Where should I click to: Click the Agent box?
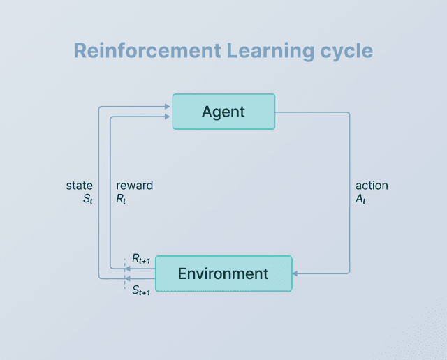point(223,112)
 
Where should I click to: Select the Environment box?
point(223,273)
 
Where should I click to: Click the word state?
point(79,186)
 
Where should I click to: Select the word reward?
point(134,186)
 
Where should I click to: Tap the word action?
point(372,186)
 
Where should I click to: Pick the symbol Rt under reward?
point(121,199)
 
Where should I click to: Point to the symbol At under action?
point(361,199)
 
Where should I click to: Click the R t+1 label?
point(140,259)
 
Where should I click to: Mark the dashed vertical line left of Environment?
point(124,273)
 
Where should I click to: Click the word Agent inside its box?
point(223,112)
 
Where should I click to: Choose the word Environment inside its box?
point(223,273)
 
